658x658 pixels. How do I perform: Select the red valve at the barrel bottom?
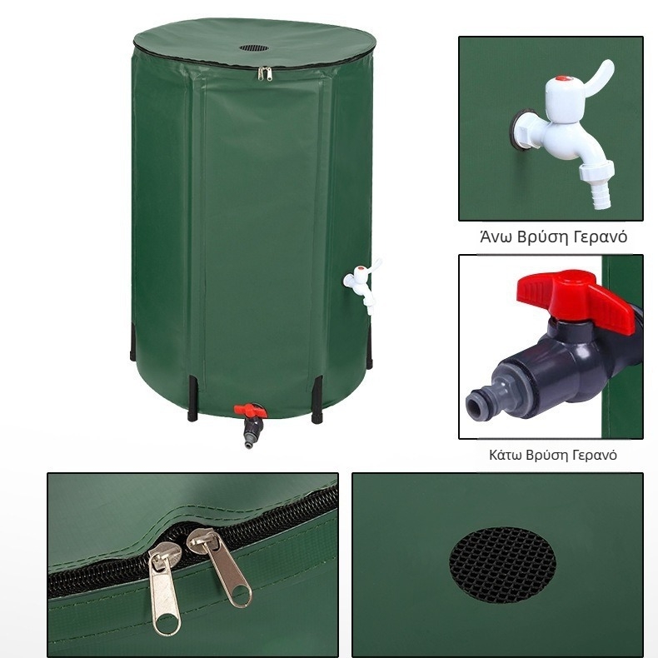click(x=247, y=410)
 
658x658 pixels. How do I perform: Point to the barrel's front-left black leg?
click(x=194, y=399)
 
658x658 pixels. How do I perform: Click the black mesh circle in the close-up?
click(x=502, y=564)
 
